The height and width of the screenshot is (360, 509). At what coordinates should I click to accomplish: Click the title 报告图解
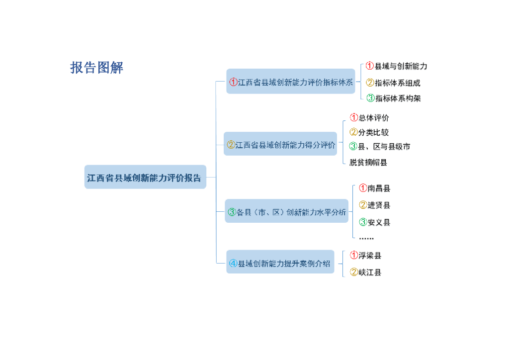point(96,68)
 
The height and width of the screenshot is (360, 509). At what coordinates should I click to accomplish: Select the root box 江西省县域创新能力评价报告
point(145,178)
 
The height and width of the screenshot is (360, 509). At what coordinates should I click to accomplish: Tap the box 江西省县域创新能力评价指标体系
point(291,82)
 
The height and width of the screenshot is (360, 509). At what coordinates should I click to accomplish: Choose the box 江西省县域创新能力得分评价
point(281,145)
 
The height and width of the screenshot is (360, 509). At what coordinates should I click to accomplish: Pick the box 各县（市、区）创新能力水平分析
point(287,211)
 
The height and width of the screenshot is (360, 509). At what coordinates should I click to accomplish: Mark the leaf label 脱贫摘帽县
point(368,162)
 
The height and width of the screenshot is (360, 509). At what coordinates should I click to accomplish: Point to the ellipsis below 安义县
point(366,239)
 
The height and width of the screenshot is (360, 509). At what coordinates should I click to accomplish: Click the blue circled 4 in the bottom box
point(233,264)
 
